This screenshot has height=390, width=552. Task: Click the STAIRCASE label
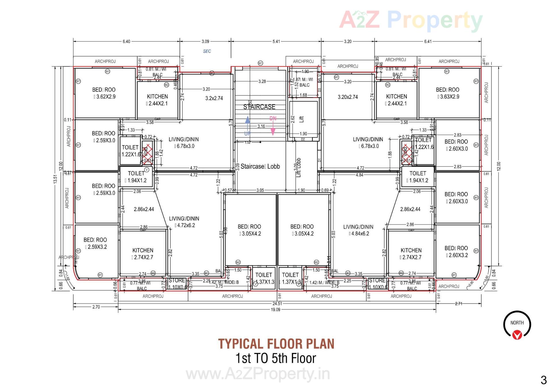click(x=259, y=107)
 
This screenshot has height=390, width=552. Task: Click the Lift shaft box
click(x=303, y=119)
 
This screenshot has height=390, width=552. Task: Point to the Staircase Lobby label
click(x=260, y=166)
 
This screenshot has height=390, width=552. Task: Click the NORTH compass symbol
click(x=517, y=325)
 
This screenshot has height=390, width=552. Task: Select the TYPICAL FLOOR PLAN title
click(x=276, y=344)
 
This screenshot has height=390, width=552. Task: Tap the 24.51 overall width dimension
click(x=277, y=303)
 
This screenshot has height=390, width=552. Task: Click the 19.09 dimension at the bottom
click(x=275, y=310)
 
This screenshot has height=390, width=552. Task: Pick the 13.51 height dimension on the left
click(x=56, y=179)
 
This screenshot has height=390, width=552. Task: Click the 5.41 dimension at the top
click(x=276, y=41)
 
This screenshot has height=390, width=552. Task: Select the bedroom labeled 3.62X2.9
click(x=104, y=93)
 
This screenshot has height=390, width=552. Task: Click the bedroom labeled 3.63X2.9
click(x=448, y=93)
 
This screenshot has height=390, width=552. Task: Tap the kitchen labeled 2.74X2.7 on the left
click(x=143, y=254)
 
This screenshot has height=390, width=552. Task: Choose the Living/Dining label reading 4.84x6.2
click(x=358, y=230)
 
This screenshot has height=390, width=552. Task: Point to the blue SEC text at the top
click(x=207, y=51)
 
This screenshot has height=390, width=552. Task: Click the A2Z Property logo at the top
click(x=411, y=20)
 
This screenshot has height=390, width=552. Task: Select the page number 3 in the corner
click(x=543, y=380)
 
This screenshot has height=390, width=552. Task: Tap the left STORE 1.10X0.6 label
click(x=177, y=284)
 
